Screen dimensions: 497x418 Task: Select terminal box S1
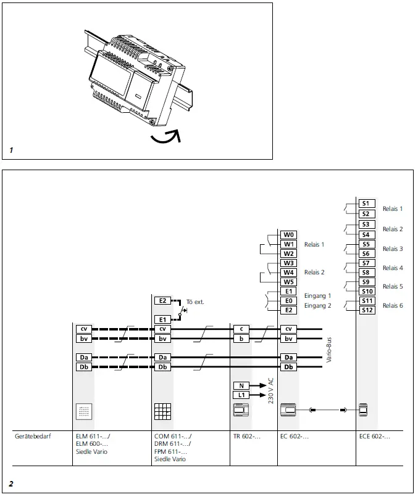(x=366, y=203)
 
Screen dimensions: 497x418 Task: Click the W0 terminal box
(x=288, y=235)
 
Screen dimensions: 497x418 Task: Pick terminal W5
(x=288, y=282)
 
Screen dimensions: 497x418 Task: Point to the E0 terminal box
(x=288, y=301)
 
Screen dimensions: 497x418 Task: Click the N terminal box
(x=241, y=385)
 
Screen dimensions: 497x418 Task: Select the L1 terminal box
(x=241, y=395)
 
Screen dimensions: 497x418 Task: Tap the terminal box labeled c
(x=241, y=329)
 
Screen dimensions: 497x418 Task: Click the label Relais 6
(x=393, y=306)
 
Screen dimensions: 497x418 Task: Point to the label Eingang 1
(x=317, y=296)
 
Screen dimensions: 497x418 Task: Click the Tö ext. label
(x=194, y=302)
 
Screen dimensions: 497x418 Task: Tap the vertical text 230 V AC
(x=270, y=390)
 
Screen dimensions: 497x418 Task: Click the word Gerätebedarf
(x=32, y=437)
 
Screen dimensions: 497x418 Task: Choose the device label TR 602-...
(x=246, y=437)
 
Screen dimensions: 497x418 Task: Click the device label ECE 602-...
(x=374, y=437)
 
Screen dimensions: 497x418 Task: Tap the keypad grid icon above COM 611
(x=162, y=412)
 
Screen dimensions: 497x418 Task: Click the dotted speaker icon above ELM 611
(x=83, y=412)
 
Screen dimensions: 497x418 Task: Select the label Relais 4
(x=393, y=268)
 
